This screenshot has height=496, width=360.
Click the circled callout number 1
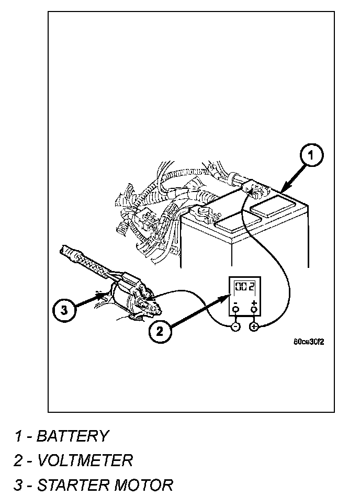(x=311, y=155)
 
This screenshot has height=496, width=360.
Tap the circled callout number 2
(x=161, y=331)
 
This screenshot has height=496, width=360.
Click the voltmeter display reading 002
(x=245, y=287)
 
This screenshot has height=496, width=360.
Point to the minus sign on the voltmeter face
(x=235, y=302)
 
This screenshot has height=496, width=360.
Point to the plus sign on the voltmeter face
(x=254, y=302)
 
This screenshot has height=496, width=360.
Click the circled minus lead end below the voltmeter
(x=235, y=327)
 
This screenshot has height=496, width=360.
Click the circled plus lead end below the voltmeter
(x=254, y=327)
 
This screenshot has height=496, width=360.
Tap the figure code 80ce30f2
(x=309, y=343)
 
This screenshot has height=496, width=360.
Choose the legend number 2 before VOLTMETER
(x=18, y=460)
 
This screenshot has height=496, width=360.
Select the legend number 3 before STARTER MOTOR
(x=18, y=484)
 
